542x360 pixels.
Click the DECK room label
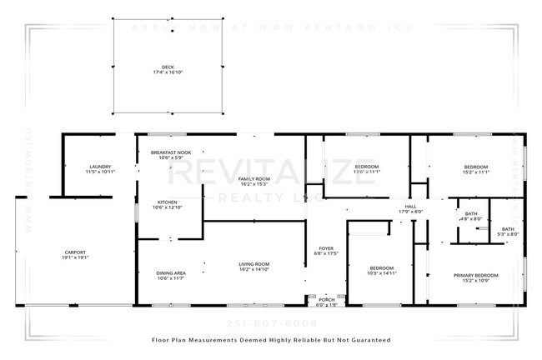[168, 67]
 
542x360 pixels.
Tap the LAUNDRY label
[100, 167]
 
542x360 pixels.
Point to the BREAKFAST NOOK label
[170, 152]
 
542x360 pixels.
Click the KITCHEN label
[168, 202]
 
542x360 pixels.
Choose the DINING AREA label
[170, 272]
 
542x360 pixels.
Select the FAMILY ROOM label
[253, 179]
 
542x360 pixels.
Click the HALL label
[410, 206]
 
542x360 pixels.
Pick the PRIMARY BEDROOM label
[475, 275]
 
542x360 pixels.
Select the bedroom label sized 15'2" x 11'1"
[475, 172]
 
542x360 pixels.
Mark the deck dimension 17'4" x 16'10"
[168, 72]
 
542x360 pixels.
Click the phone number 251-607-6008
[272, 322]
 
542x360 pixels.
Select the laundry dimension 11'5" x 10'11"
[100, 172]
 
